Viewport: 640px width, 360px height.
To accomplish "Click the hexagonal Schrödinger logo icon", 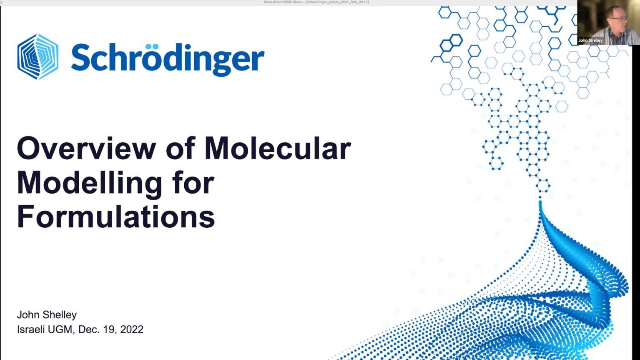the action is coord(38,57).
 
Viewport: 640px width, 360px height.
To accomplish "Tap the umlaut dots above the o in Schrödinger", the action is coord(152,46).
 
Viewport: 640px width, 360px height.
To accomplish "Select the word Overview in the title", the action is coord(87,148).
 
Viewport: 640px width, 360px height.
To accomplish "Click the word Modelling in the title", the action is coord(89,183).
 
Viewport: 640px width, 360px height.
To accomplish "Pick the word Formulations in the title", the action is coord(116,217).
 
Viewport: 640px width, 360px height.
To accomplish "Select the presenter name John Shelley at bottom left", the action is coord(47,315).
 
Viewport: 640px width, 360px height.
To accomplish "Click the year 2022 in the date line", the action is coord(132,330).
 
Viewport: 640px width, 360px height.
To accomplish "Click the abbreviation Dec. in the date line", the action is coord(89,330).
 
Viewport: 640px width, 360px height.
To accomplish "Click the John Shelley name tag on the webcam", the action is coord(590,40).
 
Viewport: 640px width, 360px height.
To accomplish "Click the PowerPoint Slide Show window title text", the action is coord(316,2).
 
